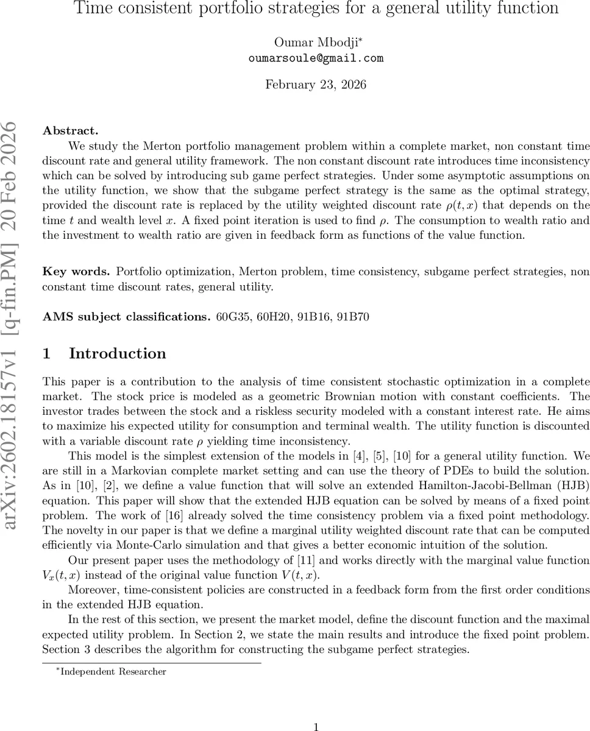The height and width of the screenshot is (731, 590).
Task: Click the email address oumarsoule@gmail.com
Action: (x=316, y=58)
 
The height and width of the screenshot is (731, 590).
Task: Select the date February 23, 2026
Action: (x=316, y=85)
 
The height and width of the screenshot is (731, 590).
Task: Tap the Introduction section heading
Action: (x=117, y=354)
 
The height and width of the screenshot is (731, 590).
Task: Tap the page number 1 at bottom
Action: (x=316, y=726)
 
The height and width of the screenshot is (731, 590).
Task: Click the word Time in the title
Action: (x=94, y=9)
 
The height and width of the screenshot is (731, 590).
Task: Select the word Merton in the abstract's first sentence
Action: (x=162, y=146)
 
